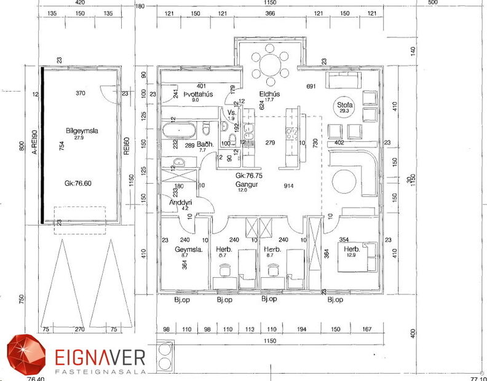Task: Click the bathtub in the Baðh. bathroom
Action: click(178, 130)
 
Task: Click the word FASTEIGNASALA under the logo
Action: click(91, 372)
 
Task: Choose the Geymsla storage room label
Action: click(188, 250)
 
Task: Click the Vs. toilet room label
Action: click(231, 113)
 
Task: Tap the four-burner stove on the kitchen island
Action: click(292, 130)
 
